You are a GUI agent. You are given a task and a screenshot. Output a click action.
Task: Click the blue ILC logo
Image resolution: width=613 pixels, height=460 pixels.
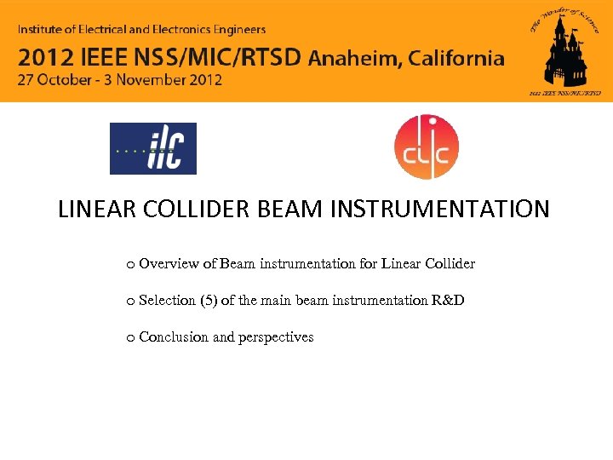click(x=153, y=148)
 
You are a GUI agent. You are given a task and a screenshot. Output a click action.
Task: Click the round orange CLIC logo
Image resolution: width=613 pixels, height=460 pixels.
click(x=426, y=147)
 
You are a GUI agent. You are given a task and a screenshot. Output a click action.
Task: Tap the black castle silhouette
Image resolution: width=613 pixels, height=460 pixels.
click(x=564, y=53)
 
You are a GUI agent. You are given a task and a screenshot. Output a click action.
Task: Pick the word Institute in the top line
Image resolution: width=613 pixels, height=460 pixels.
click(x=43, y=30)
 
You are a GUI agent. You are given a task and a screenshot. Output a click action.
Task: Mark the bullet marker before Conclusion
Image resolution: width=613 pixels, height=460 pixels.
click(x=129, y=338)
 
